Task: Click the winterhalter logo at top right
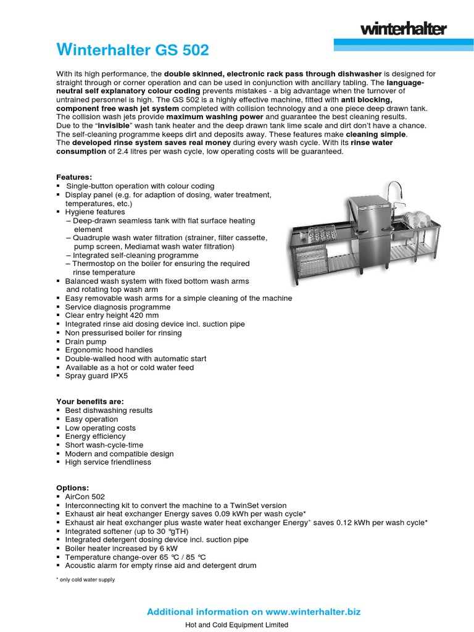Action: pos(403,28)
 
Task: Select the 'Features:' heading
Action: pos(74,177)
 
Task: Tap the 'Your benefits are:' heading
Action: pos(90,402)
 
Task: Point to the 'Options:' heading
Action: pos(73,488)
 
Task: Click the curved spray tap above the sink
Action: pos(393,191)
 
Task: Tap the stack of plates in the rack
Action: pos(419,218)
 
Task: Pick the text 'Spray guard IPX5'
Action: pos(96,376)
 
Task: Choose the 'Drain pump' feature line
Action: pos(85,341)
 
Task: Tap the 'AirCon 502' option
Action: pos(85,496)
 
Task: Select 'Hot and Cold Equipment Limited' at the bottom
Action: pos(236,625)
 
